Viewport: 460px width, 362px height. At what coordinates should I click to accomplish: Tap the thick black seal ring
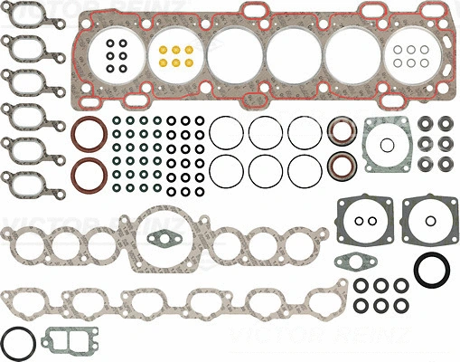pos(429,270)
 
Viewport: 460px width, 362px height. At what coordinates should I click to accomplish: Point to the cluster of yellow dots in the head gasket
pos(172,55)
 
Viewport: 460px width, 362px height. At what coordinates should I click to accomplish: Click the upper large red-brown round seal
pos(89,132)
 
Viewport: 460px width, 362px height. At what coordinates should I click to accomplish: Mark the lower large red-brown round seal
pos(89,174)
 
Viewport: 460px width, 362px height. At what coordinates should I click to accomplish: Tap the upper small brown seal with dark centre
pos(341,132)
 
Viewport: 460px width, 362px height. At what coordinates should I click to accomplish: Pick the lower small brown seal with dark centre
pos(341,167)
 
